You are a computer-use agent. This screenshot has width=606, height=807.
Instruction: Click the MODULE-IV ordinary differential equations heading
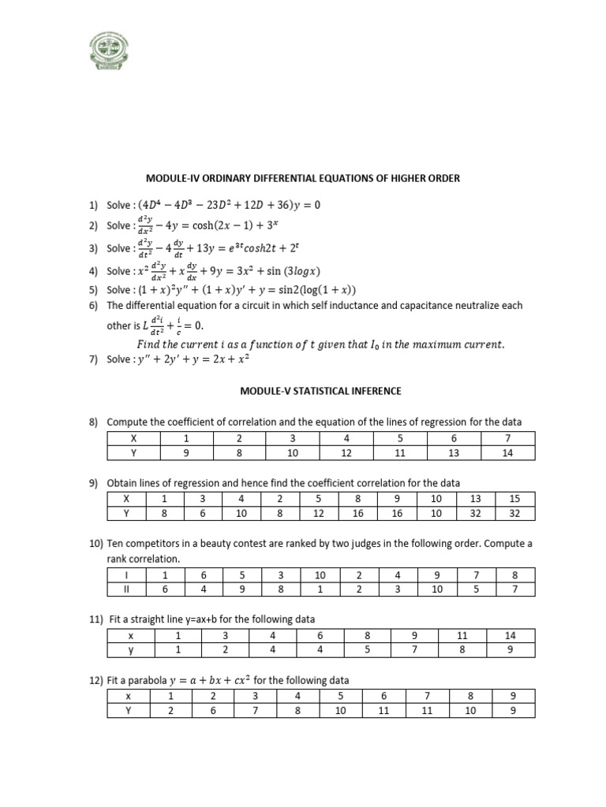(302, 179)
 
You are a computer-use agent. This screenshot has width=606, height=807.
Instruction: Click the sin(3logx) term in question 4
(282, 271)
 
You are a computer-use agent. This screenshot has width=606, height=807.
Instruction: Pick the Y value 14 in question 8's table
(507, 452)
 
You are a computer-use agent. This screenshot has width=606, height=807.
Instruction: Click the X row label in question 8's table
(133, 437)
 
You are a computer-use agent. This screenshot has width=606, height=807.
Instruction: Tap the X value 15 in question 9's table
(514, 498)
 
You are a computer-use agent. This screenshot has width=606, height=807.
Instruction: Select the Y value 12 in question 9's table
(318, 513)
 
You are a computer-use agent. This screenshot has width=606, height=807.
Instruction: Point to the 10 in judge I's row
(320, 575)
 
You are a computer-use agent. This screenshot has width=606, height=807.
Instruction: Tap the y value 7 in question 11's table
(414, 650)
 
